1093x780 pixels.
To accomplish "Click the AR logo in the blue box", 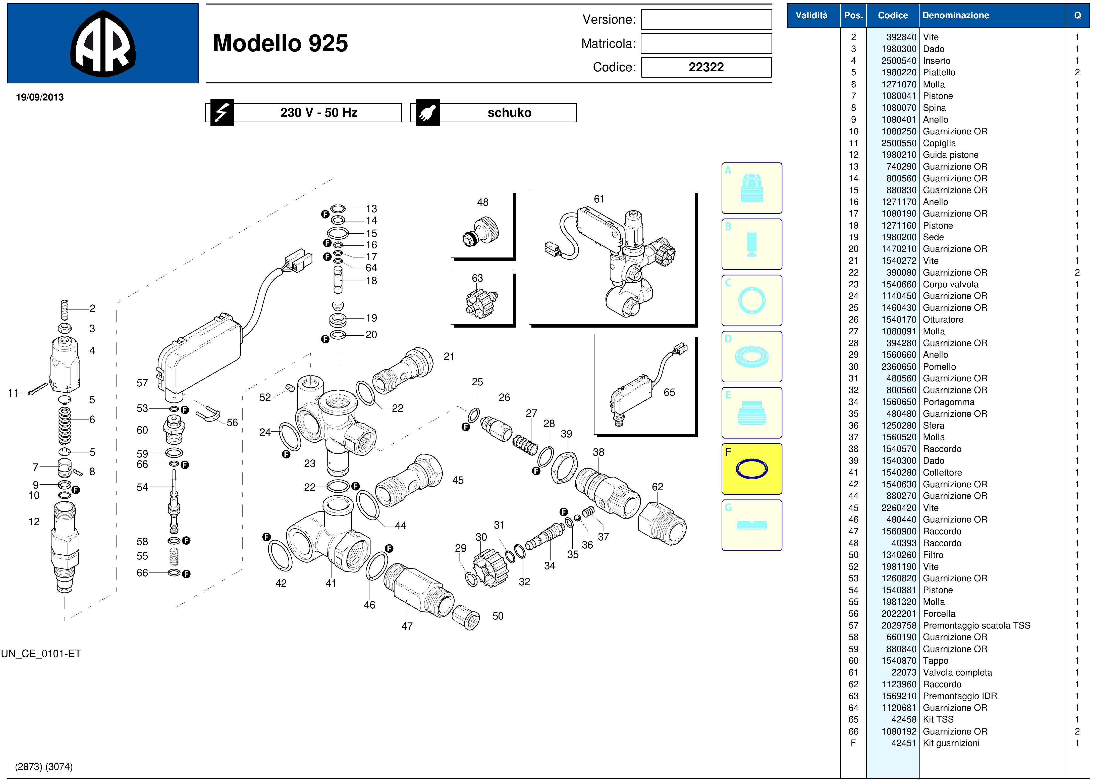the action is [103, 43].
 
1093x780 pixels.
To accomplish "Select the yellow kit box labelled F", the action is [751, 469].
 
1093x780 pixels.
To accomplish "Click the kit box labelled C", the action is [751, 300].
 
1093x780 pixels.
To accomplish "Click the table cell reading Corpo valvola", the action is [950, 284].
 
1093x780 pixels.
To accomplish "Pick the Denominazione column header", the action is [956, 15].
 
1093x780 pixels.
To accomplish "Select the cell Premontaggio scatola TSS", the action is [976, 625].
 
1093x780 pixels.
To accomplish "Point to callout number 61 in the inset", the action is [599, 199].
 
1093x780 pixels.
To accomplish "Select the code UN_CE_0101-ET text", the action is [41, 654].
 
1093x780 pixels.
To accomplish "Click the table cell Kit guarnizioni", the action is [951, 743].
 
